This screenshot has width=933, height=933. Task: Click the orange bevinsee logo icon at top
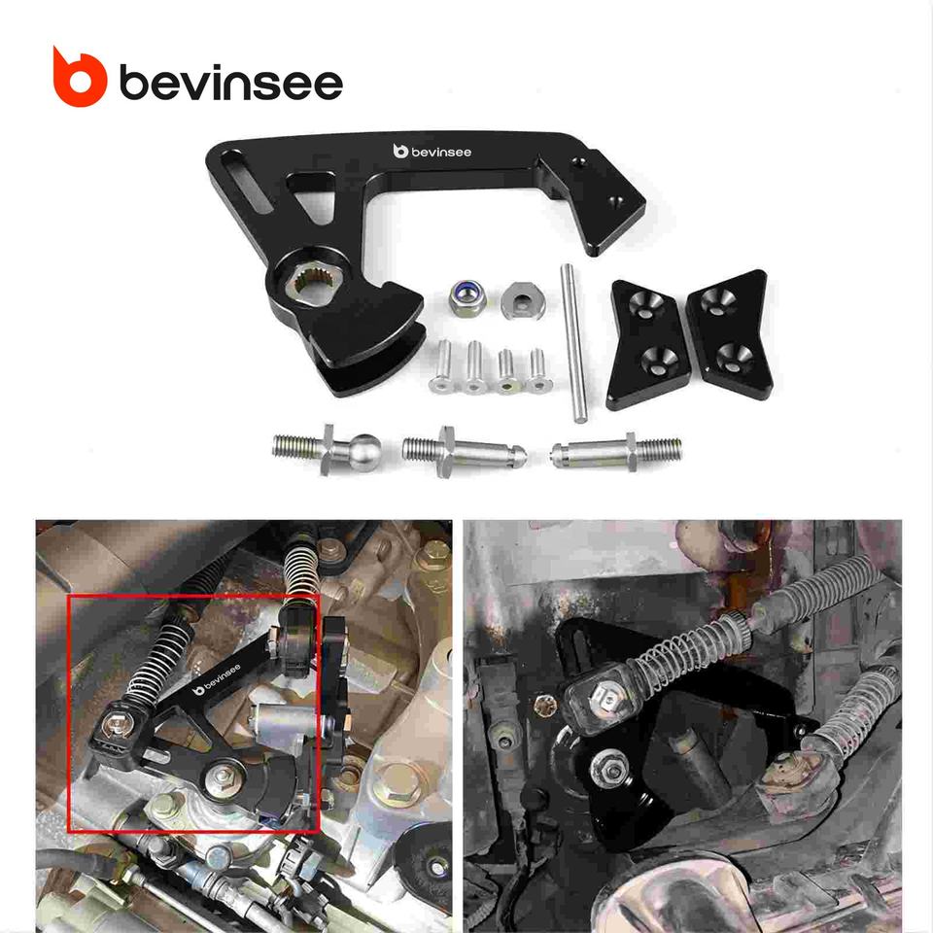coord(80,78)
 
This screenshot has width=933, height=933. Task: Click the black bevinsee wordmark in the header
coord(231,83)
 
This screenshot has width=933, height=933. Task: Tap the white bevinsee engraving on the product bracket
coord(432,152)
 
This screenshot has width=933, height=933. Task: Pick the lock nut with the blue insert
coord(467,297)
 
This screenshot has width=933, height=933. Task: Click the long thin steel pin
coord(573,343)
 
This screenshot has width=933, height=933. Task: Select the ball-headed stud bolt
coord(327,450)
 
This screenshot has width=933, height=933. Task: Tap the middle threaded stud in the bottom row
coord(465,452)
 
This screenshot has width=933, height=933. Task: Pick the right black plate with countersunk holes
coord(730,328)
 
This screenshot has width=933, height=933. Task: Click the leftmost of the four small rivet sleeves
coord(442,365)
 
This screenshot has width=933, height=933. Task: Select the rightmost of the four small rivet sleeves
coord(537,370)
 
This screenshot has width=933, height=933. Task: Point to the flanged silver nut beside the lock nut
coord(523,300)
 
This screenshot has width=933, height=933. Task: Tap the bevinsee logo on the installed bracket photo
coord(217,679)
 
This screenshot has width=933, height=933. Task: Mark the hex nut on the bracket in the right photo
coord(609,769)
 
